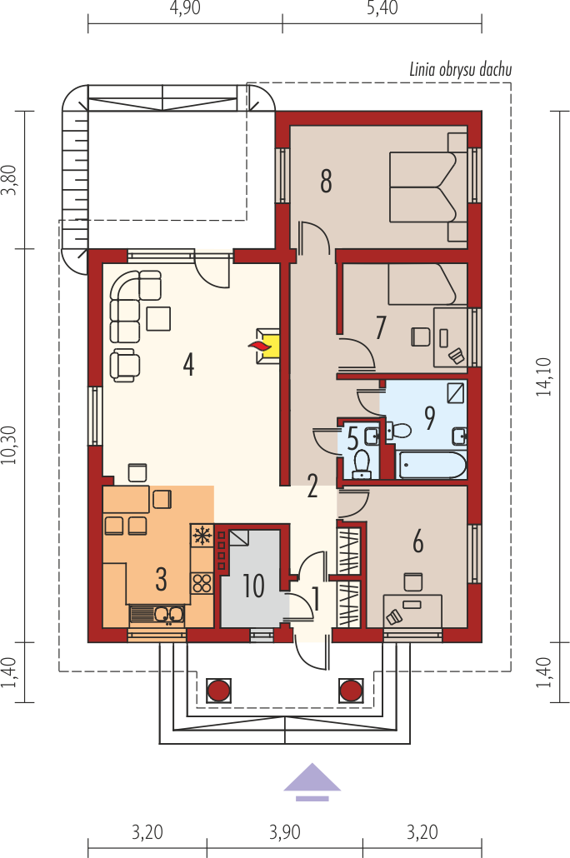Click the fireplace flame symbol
(x=258, y=345)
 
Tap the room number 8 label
(x=326, y=181)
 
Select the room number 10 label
(x=253, y=586)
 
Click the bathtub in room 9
(x=432, y=465)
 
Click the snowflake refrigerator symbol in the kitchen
(x=202, y=535)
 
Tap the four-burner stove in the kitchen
(x=202, y=583)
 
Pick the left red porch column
(x=218, y=691)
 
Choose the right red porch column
(x=351, y=691)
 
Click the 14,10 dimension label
(x=543, y=377)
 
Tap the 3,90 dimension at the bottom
(x=285, y=832)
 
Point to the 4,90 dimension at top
(x=185, y=7)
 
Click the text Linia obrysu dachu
(x=461, y=69)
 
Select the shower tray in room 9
(x=455, y=392)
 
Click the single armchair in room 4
(x=125, y=365)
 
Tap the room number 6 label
(x=417, y=541)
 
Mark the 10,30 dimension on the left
(x=9, y=445)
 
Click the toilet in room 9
(x=398, y=430)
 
